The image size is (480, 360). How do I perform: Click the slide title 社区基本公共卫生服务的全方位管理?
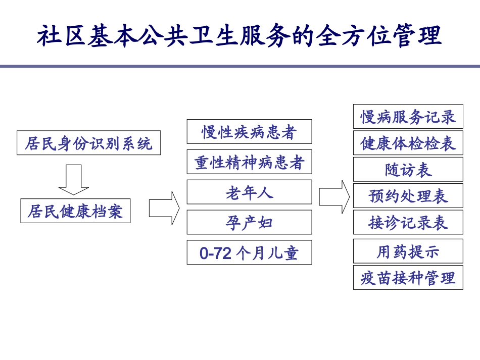pyautogui.click(x=240, y=36)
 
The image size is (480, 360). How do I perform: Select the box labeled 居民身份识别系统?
pyautogui.click(x=89, y=143)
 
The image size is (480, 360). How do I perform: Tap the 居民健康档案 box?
pyautogui.click(x=75, y=211)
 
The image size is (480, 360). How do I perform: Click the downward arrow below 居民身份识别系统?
pyautogui.click(x=74, y=179)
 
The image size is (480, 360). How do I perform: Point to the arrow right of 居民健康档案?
pyautogui.click(x=165, y=208)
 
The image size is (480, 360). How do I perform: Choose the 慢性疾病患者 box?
pyautogui.click(x=249, y=132)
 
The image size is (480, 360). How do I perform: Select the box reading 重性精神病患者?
pyautogui.click(x=249, y=162)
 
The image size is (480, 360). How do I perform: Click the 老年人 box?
pyautogui.click(x=249, y=192)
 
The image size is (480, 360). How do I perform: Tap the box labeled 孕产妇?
pyautogui.click(x=249, y=223)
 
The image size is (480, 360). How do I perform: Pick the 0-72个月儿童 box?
pyautogui.click(x=249, y=252)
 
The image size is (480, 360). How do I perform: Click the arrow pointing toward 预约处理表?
pyautogui.click(x=334, y=196)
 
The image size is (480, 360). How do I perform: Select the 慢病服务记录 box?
pyautogui.click(x=408, y=117)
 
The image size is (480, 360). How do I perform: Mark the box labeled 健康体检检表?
pyautogui.click(x=408, y=143)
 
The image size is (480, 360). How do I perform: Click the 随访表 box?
pyautogui.click(x=408, y=169)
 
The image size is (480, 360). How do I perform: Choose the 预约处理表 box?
pyautogui.click(x=408, y=195)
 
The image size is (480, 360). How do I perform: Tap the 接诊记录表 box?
pyautogui.click(x=408, y=222)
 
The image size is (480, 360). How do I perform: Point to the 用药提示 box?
pyautogui.click(x=408, y=251)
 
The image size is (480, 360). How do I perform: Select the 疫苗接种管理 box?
pyautogui.click(x=408, y=277)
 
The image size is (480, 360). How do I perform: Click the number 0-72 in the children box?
pyautogui.click(x=215, y=253)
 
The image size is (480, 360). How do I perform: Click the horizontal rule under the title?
pyautogui.click(x=240, y=66)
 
